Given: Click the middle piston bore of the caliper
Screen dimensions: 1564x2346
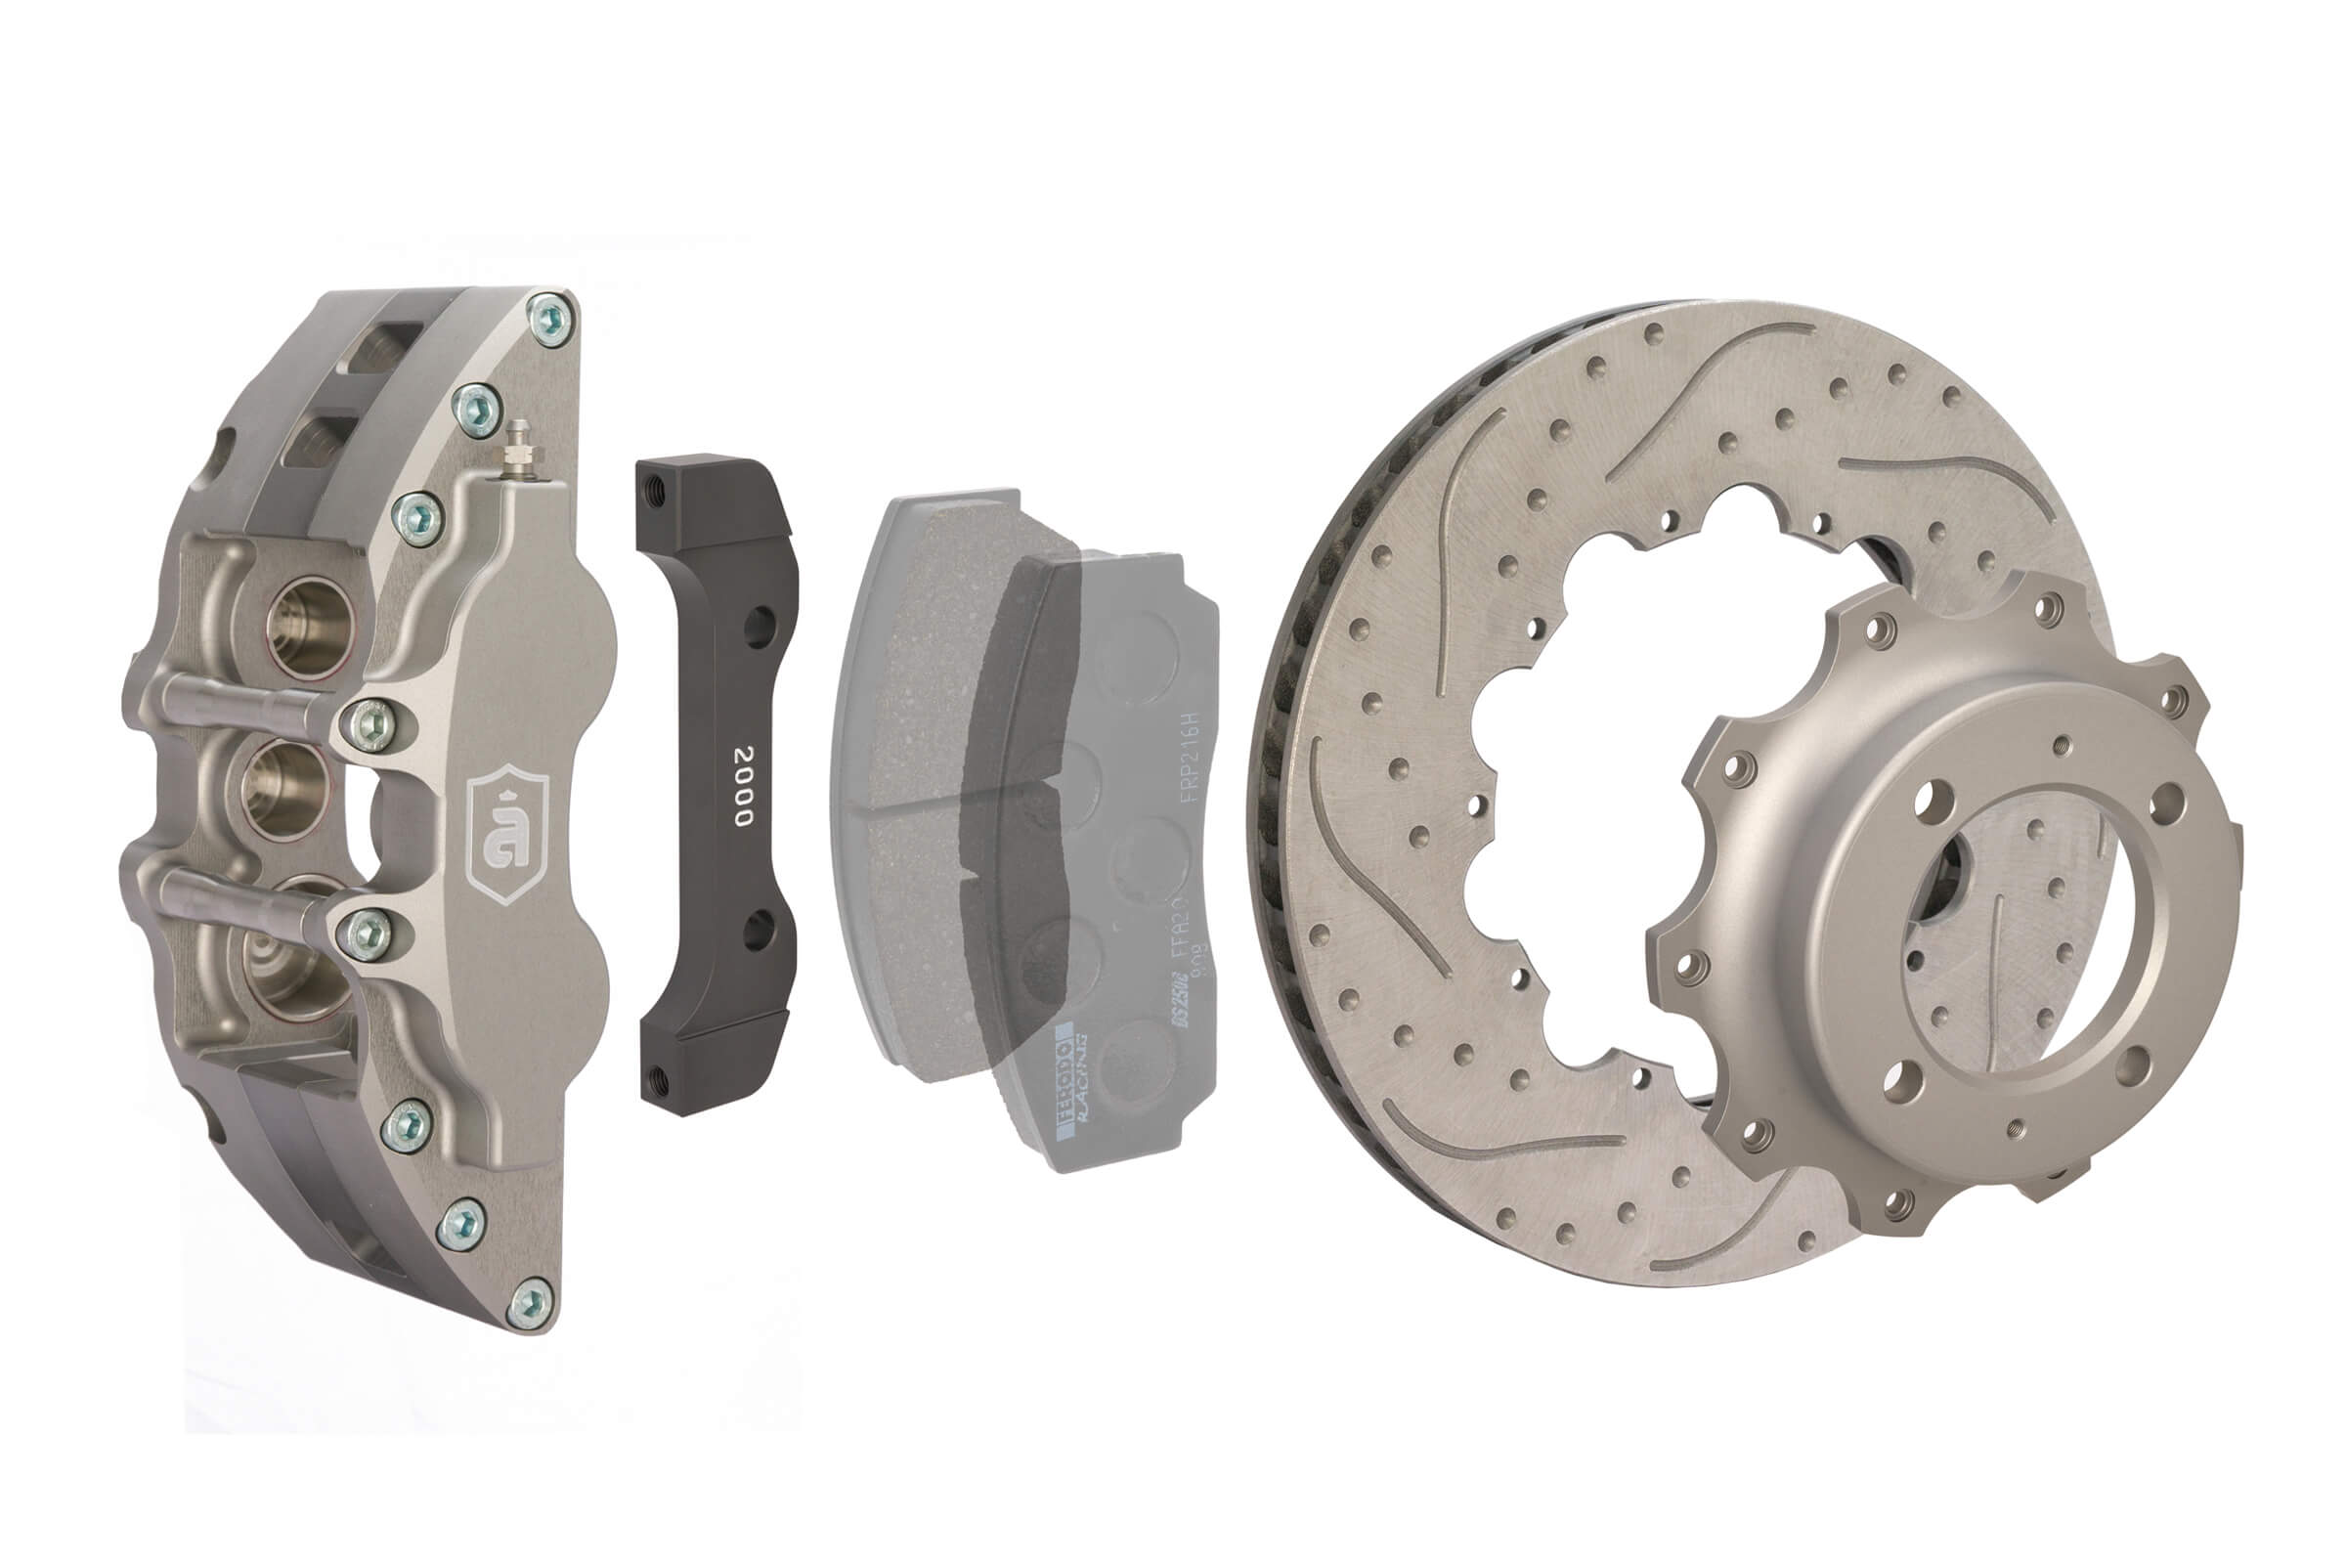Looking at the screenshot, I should coord(285,788).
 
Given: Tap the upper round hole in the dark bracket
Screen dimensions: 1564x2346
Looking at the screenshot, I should coord(759,626).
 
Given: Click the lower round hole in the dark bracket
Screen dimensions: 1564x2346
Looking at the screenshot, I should coord(759,929).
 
